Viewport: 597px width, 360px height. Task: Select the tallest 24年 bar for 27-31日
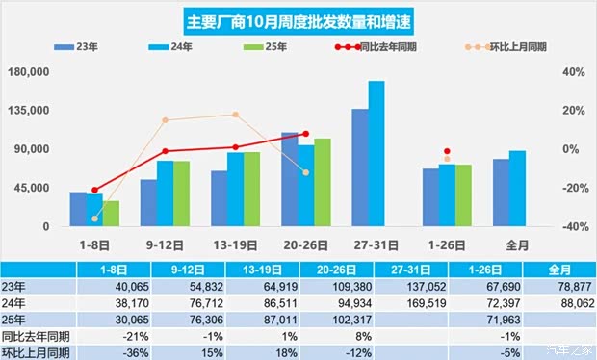tap(376, 154)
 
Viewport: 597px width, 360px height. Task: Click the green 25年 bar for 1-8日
tap(111, 214)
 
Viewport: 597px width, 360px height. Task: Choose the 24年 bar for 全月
tap(517, 189)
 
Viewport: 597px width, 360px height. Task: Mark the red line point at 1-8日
tap(94, 190)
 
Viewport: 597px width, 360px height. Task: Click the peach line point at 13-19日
tap(235, 115)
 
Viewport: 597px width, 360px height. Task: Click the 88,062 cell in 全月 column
tap(558, 302)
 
